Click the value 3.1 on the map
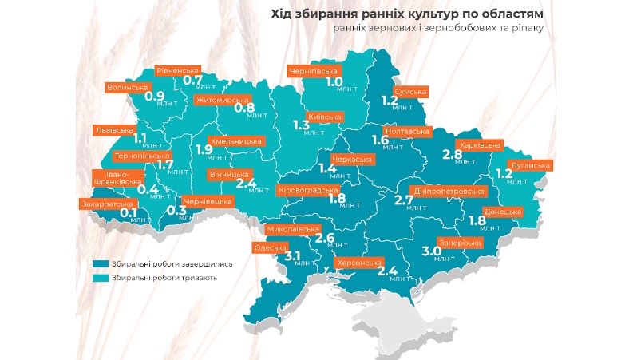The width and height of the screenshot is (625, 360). [x=292, y=256]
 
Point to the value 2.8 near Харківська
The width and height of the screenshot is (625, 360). [x=453, y=153]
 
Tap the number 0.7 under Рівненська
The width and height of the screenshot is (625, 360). [x=192, y=80]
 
